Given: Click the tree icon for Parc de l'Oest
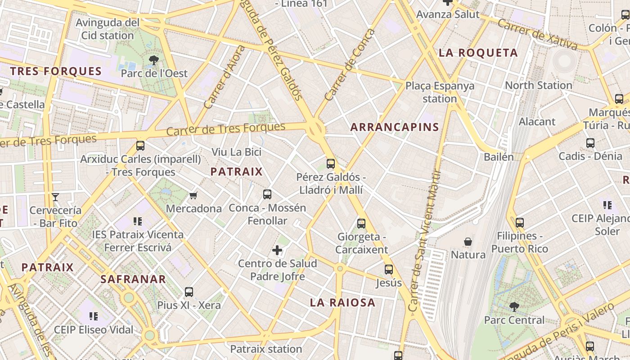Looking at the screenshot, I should [x=153, y=60].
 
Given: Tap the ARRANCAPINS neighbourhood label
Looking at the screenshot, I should [x=395, y=127].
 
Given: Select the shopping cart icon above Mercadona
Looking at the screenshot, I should [x=193, y=195].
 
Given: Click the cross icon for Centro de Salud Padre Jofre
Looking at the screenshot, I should [x=277, y=250].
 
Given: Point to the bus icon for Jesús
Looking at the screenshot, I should [x=389, y=270].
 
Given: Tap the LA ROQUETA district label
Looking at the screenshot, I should [x=478, y=53].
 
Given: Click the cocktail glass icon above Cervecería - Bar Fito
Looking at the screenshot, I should [x=55, y=197].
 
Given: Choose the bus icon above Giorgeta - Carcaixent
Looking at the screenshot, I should [x=361, y=223].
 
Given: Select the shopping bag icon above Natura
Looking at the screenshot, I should [x=468, y=242].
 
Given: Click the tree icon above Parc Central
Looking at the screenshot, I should [x=514, y=307].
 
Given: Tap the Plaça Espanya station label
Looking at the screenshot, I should [x=440, y=92].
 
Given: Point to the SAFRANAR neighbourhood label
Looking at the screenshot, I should [x=133, y=279].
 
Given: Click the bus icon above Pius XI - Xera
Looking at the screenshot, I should [x=189, y=292].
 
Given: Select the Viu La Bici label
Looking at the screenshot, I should [x=236, y=152].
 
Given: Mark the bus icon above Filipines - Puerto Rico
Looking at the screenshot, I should [x=520, y=222].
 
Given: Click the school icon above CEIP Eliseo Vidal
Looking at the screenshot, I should [x=94, y=316].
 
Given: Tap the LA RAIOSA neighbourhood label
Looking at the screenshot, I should [x=342, y=302].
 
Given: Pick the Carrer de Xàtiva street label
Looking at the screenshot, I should [x=537, y=35].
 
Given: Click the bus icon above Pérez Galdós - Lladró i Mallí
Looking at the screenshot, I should [x=331, y=164].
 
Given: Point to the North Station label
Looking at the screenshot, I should [x=539, y=85].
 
